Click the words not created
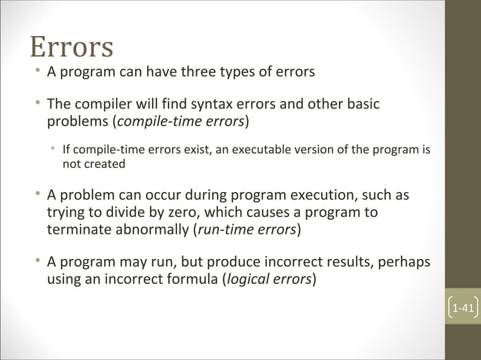(x=93, y=163)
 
